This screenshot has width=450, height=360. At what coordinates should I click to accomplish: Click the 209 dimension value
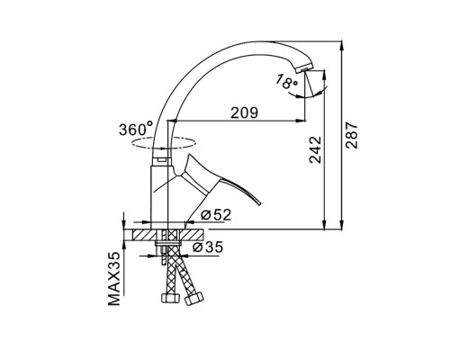[x=244, y=112]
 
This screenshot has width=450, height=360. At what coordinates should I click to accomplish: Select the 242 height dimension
[x=315, y=149]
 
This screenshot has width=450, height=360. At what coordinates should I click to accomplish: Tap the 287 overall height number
[x=352, y=135]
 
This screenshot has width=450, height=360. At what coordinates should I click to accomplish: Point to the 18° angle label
[x=286, y=82]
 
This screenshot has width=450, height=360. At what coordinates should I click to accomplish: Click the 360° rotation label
[x=136, y=129]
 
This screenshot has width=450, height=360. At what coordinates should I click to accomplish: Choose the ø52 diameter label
[x=216, y=215]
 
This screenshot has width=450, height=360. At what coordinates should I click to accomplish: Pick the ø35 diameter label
[x=208, y=247]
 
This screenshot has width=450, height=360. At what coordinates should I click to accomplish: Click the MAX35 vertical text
[x=113, y=278]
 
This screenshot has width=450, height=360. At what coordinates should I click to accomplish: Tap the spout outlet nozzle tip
[x=303, y=70]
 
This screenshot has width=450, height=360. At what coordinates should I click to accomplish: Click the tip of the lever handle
[x=260, y=204]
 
